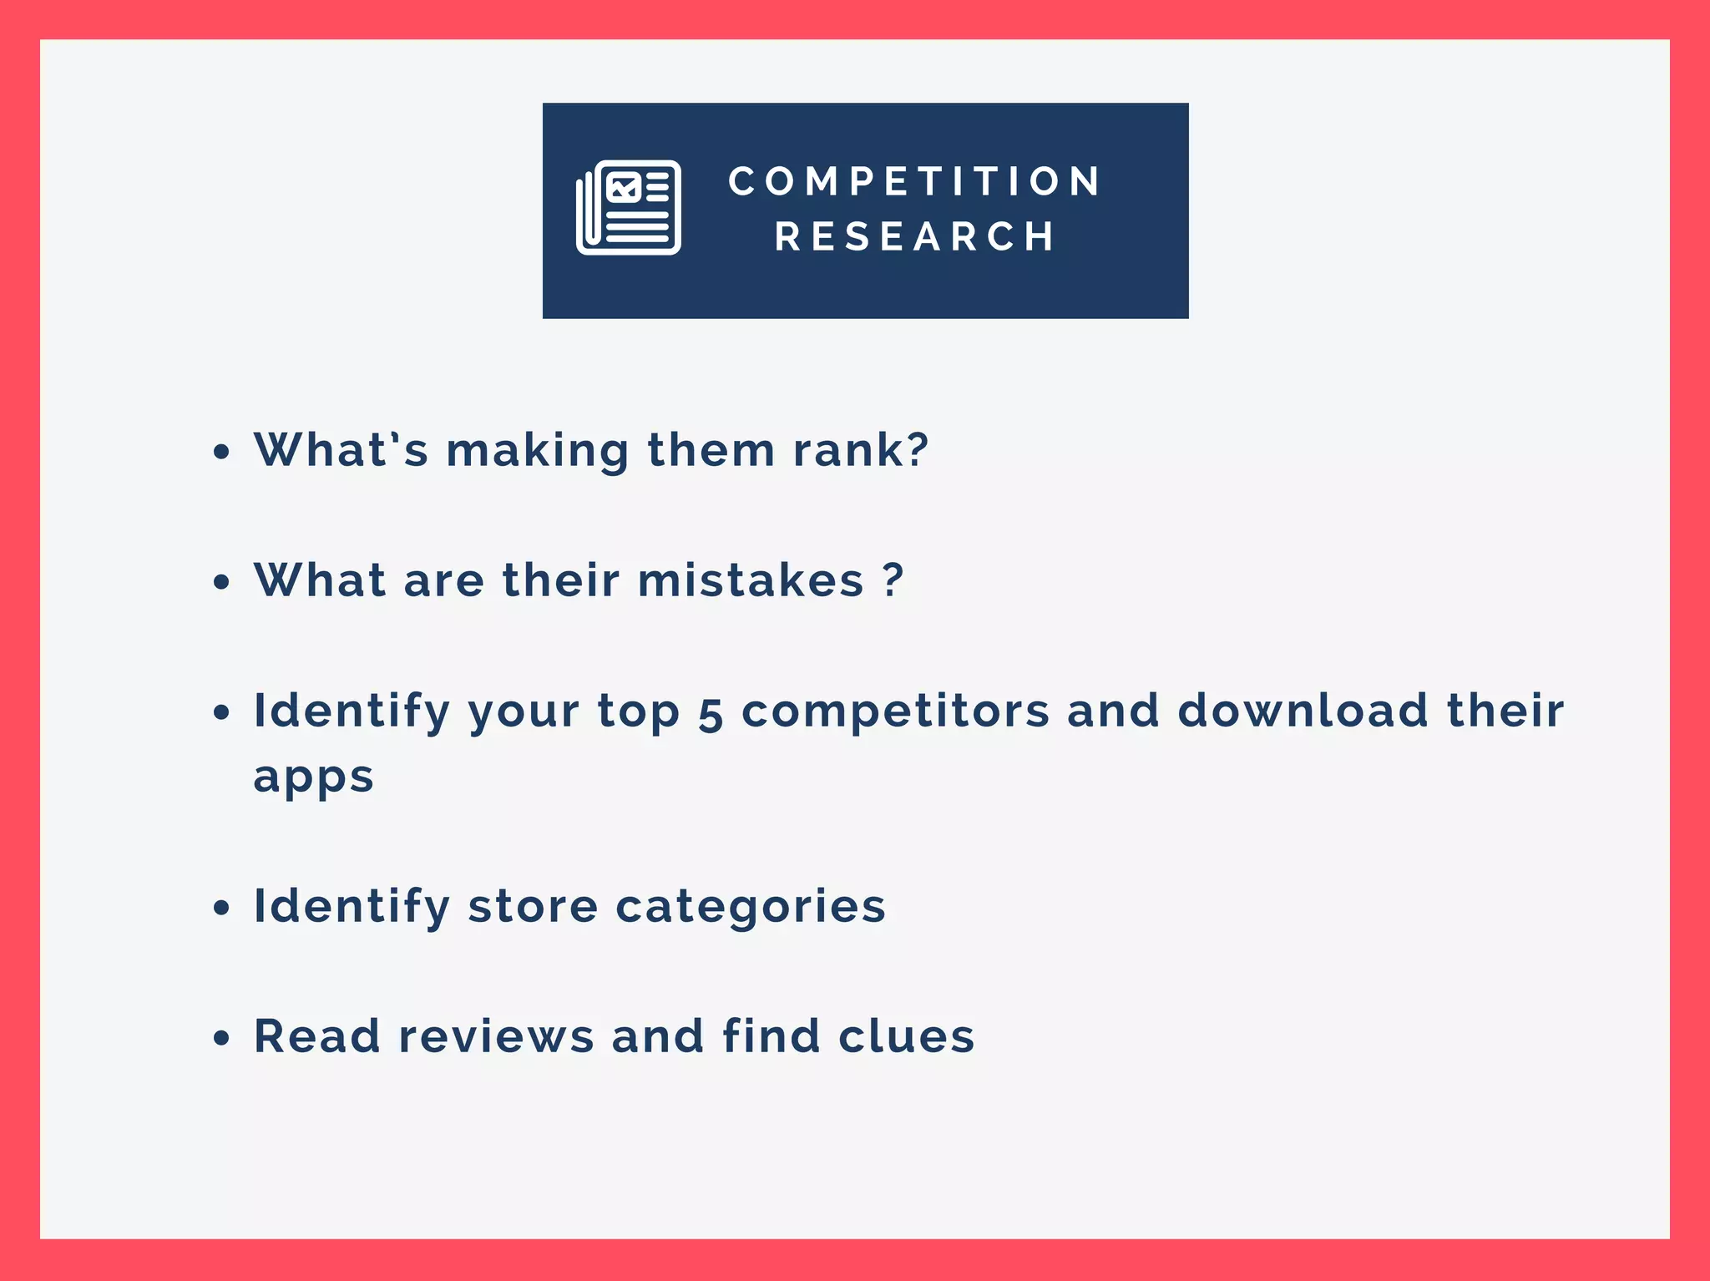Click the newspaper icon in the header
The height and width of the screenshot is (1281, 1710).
[x=629, y=207]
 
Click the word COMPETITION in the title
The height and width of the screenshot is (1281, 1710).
[x=915, y=181]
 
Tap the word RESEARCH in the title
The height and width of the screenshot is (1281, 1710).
[x=915, y=236]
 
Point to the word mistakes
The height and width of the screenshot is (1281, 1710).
[x=751, y=580]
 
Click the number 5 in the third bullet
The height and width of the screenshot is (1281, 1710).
[x=710, y=714]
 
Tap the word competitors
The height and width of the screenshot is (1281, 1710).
[x=895, y=711]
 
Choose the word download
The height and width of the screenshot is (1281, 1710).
[x=1303, y=711]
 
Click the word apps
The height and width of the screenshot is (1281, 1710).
[x=314, y=778]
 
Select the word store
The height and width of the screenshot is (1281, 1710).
[x=533, y=907]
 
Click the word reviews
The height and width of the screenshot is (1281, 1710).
[x=497, y=1037]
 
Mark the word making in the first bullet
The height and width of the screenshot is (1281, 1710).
[x=538, y=452]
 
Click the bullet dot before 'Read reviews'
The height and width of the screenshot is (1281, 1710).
[x=221, y=1038]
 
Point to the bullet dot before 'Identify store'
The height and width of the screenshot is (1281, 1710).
[x=221, y=908]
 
